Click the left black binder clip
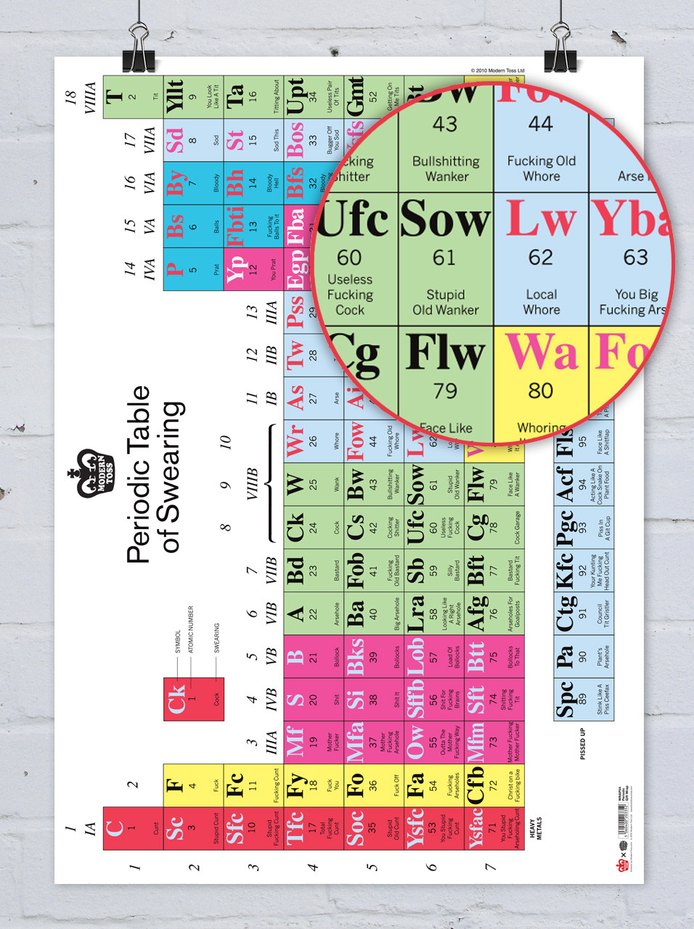pyautogui.click(x=138, y=50)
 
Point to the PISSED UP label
pyautogui.click(x=582, y=744)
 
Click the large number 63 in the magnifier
pyautogui.click(x=635, y=258)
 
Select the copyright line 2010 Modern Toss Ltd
pyautogui.click(x=497, y=70)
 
